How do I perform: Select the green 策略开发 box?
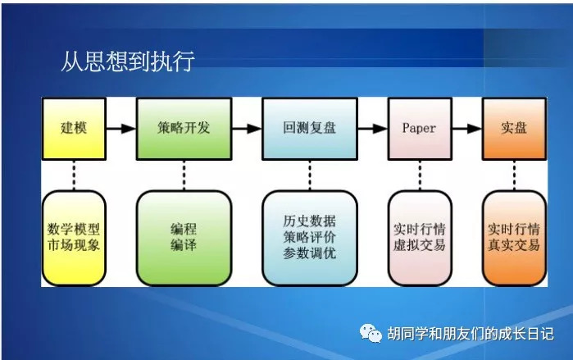click(184, 130)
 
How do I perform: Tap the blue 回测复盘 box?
click(309, 130)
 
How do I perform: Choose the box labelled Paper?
click(419, 130)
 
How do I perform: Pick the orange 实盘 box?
click(512, 130)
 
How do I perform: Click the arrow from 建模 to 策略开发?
click(121, 129)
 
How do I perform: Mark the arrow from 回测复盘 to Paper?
click(371, 129)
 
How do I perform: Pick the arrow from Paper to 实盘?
click(466, 129)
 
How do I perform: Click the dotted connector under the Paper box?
click(419, 175)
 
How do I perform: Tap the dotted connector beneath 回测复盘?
click(309, 175)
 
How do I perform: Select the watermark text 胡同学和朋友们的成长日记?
click(471, 334)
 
